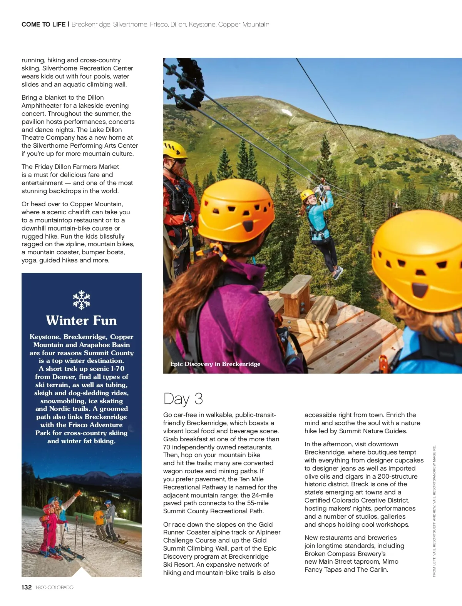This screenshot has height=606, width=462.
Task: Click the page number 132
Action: pyautogui.click(x=27, y=587)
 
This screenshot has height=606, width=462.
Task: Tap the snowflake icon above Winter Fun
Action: pyautogui.click(x=82, y=300)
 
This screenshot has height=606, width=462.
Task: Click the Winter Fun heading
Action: pyautogui.click(x=81, y=321)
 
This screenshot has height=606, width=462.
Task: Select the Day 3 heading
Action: pyautogui.click(x=183, y=399)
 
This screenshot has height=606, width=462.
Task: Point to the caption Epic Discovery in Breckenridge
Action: pyautogui.click(x=215, y=364)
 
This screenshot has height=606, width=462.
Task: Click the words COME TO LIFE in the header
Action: pyautogui.click(x=44, y=24)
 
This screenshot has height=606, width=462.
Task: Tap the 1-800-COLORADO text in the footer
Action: pyautogui.click(x=54, y=588)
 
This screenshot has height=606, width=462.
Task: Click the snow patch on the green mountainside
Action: pyautogui.click(x=287, y=112)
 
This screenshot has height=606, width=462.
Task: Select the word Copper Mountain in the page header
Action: pyautogui.click(x=244, y=24)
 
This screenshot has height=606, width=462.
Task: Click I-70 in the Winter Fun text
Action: pyautogui.click(x=117, y=369)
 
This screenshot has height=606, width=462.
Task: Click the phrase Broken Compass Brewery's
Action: pyautogui.click(x=345, y=554)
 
